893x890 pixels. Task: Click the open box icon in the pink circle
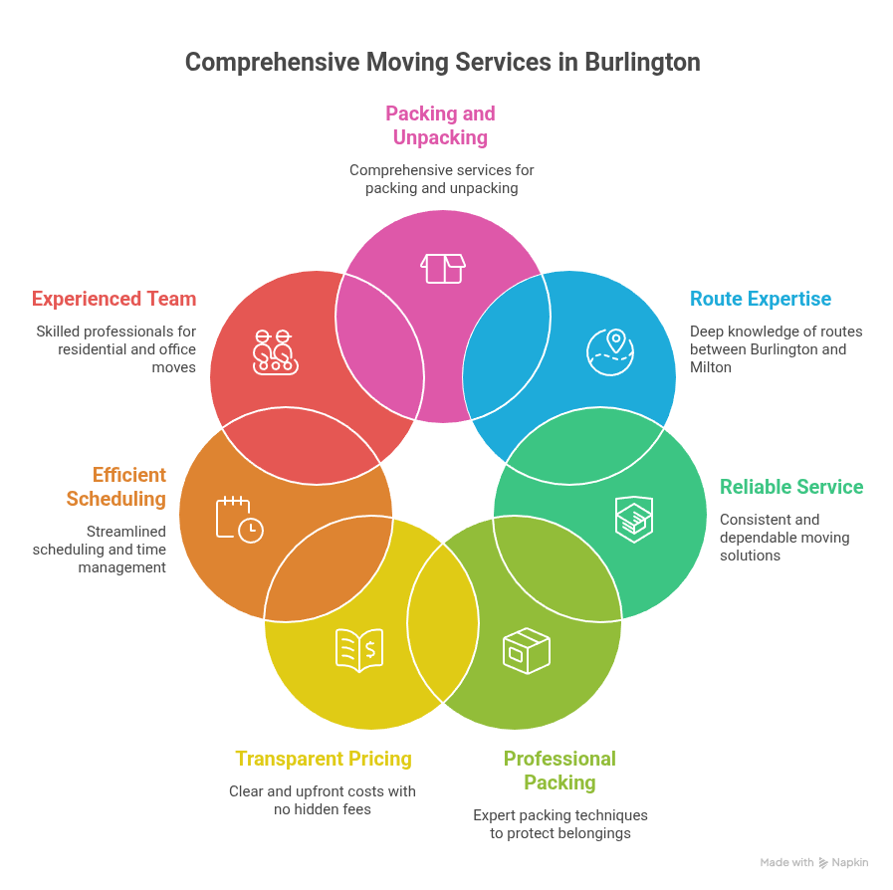[443, 268]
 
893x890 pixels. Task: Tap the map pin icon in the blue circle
[610, 349]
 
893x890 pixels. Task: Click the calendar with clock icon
[239, 519]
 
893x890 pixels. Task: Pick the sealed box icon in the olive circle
[527, 650]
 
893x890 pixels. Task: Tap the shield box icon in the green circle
[632, 518]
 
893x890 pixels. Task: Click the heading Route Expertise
[761, 299]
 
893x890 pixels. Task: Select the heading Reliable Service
[791, 487]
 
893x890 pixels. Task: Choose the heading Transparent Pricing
[324, 759]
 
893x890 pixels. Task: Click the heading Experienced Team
[113, 299]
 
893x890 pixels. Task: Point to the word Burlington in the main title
[638, 62]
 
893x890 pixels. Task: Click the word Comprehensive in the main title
[272, 62]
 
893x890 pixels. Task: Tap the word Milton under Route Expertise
[711, 367]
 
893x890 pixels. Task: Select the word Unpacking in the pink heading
[440, 137]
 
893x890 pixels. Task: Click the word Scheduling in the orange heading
[116, 499]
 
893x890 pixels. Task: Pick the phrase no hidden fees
[323, 809]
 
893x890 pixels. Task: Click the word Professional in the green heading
[559, 759]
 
